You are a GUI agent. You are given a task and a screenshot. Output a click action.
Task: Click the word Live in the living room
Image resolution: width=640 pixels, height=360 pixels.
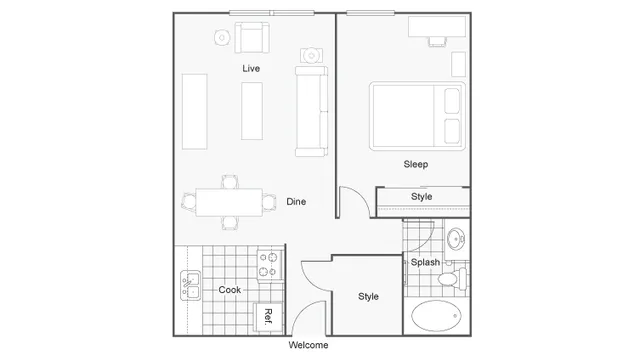[x=251, y=68]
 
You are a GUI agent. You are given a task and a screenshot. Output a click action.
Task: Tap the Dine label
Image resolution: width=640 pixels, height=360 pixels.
[x=296, y=202]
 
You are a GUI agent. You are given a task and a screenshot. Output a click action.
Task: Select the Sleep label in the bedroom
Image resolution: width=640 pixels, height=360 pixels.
[x=417, y=163]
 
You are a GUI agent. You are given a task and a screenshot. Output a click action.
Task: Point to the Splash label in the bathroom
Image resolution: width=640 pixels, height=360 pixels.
[x=425, y=262]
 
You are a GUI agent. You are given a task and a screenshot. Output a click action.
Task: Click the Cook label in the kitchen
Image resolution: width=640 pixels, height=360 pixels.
[x=229, y=290]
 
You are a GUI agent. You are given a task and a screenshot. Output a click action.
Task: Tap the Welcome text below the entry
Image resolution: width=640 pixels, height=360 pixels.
[x=308, y=345]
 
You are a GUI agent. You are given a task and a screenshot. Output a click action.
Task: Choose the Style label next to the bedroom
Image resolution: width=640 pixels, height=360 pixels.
[x=422, y=196]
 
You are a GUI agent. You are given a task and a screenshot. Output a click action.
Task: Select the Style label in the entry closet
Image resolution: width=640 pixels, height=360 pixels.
[x=369, y=296]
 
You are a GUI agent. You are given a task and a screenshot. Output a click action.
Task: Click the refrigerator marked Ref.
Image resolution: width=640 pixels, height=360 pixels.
[x=269, y=316]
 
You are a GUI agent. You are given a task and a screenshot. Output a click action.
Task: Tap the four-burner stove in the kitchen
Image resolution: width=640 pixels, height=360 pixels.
[x=268, y=264]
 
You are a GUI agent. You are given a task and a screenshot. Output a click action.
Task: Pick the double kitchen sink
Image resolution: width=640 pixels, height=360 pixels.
[x=189, y=286]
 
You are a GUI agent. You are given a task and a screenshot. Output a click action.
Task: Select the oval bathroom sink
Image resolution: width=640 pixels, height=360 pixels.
[x=455, y=240]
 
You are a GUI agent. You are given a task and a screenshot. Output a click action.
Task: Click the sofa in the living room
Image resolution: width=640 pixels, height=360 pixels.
[x=311, y=110]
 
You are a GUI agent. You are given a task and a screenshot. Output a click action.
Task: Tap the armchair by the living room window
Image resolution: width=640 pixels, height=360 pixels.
[x=252, y=39]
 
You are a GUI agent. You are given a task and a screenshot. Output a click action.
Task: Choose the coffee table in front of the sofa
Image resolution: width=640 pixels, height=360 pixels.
[x=252, y=110]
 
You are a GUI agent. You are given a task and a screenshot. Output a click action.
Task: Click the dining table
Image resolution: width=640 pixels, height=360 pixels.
[x=230, y=202]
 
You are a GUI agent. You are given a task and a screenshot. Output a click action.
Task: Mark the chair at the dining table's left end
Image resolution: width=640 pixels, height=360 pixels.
[x=188, y=202]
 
